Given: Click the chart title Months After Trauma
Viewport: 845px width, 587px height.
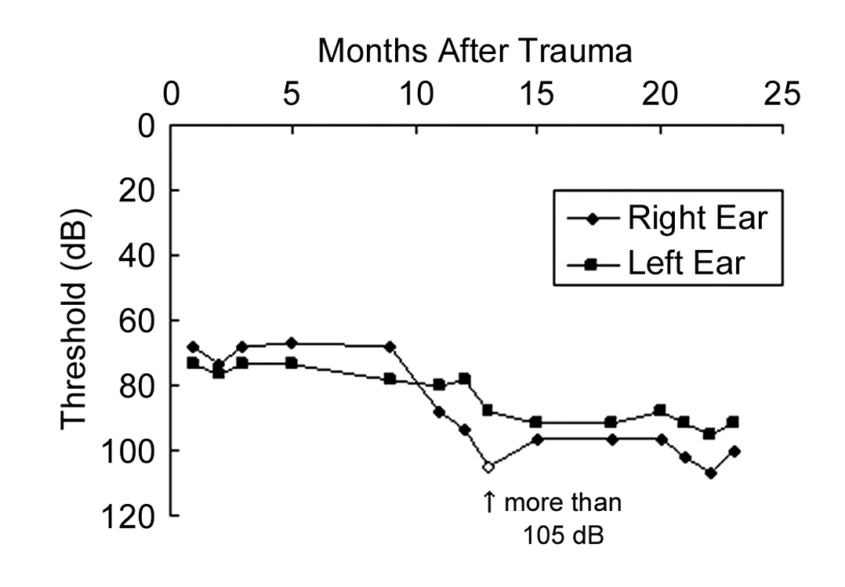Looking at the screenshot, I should coord(475,53).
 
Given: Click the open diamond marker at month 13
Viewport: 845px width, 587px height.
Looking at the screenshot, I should coord(488,467).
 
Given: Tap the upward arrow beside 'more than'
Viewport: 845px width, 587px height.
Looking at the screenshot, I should coord(489,502).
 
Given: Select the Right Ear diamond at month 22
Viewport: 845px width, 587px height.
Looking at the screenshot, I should coord(710,473).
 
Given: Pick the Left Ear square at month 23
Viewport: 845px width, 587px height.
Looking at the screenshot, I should coord(733,422).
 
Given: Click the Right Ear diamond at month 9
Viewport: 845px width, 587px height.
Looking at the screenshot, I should coord(390,346).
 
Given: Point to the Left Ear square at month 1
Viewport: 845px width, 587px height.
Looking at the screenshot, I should coord(193,363).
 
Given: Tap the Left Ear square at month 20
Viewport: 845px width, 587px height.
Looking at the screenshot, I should coord(660,410).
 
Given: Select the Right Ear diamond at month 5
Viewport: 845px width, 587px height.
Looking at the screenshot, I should coord(292,343).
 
